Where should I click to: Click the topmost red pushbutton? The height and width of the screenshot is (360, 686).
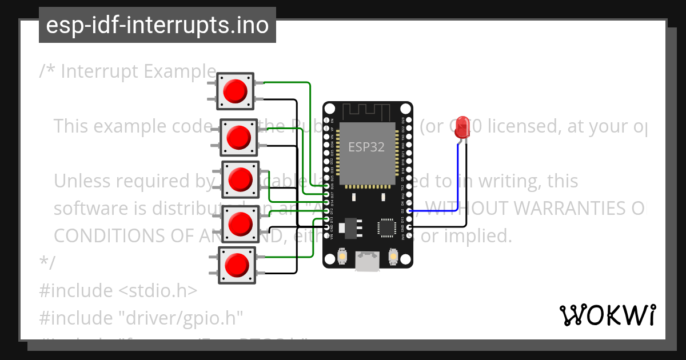coord(235,91)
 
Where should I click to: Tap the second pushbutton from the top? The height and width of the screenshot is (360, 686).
coord(239,137)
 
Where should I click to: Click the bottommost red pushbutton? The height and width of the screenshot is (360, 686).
coord(237,265)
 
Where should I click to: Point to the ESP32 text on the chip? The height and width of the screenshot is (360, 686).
coord(366,146)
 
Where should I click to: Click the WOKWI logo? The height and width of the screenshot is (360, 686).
coord(608,315)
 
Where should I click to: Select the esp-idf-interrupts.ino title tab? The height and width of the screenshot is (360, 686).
coord(157,25)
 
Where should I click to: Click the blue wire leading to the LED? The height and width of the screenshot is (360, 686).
coord(457,183)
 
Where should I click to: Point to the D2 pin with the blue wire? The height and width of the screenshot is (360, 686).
coord(409,211)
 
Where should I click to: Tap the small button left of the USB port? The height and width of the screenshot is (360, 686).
coord(342,257)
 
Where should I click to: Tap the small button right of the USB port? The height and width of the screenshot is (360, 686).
coord(393,257)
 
